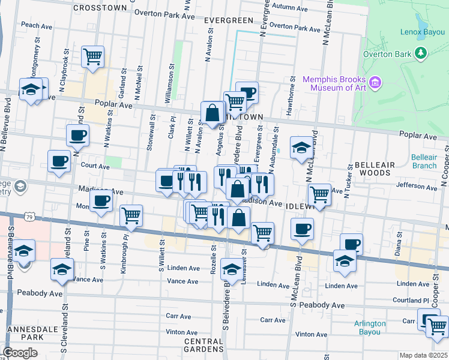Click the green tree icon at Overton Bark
click(x=421, y=54)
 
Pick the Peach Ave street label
click(x=38, y=25)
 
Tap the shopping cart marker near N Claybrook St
click(x=92, y=57)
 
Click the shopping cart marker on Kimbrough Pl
click(x=131, y=215)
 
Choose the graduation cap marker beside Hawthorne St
click(x=301, y=147)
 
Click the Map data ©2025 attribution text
click(x=423, y=355)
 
